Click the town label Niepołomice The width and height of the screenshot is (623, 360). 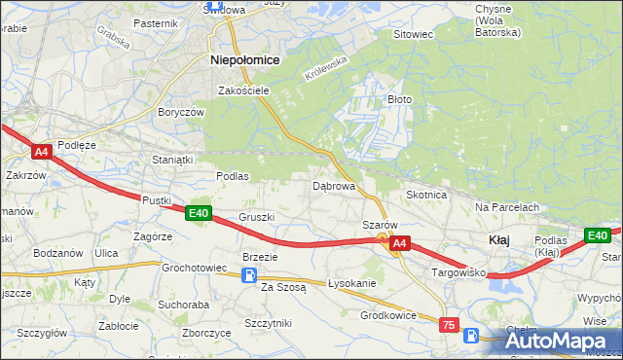tap(245, 59)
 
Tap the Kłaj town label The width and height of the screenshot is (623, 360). tap(498, 239)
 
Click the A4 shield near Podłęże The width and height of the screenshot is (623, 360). tap(40, 152)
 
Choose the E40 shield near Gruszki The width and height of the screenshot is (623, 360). tap(199, 213)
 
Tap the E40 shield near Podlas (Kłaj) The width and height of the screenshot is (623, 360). tap(597, 235)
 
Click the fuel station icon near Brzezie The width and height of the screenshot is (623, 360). tap(249, 275)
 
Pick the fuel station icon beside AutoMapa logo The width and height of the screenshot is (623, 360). tap(472, 336)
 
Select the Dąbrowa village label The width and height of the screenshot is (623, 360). tap(333, 185)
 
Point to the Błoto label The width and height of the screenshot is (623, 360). tap(400, 99)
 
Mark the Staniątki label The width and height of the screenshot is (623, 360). tap(170, 158)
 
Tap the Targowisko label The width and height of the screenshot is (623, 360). tap(458, 273)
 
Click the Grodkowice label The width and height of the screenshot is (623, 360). tap(388, 315)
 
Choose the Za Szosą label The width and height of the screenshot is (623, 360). tap(283, 287)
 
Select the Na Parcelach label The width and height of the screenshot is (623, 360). tap(507, 207)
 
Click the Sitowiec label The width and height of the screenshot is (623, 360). tap(412, 34)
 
